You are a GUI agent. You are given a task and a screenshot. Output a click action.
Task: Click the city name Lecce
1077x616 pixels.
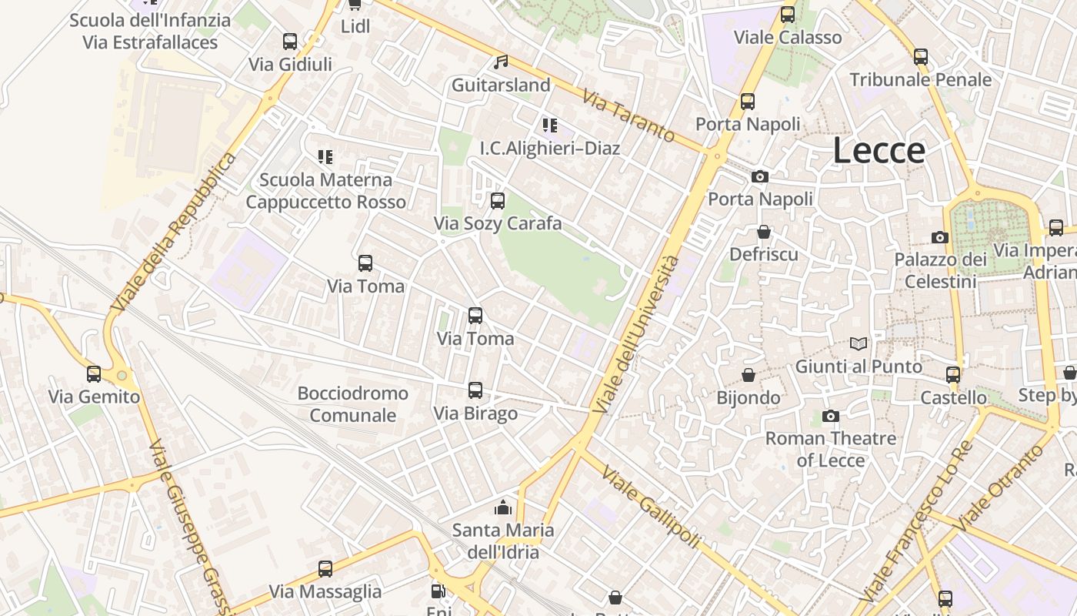879,151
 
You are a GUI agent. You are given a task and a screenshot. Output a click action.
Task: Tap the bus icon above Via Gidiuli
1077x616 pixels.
290,42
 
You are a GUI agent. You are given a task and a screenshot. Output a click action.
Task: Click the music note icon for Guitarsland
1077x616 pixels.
501,62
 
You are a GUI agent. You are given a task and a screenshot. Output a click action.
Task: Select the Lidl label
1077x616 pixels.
355,26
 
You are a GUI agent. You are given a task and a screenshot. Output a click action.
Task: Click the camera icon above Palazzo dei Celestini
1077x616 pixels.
939,237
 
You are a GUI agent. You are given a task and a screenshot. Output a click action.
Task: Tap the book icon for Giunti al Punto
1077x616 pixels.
859,344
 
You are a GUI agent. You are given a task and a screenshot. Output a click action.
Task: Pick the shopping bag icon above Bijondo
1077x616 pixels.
748,375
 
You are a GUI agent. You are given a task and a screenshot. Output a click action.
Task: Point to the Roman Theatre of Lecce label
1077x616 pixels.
831,449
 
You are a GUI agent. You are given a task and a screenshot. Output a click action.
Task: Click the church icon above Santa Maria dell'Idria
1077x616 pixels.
503,507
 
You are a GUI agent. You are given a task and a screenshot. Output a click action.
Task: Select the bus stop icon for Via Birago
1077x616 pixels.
475,390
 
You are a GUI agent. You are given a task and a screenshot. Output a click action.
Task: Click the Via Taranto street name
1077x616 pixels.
629,116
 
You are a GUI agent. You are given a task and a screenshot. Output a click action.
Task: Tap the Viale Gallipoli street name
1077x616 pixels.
651,507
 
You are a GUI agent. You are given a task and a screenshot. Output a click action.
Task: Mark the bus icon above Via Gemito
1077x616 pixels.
94,374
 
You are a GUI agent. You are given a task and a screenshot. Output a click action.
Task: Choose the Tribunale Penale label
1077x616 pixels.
921,79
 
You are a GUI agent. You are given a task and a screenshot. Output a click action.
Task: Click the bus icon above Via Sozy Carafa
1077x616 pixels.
498,201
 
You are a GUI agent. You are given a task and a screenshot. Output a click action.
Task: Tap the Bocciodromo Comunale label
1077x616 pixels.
353,404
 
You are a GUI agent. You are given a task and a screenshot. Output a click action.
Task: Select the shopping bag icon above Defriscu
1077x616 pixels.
764,232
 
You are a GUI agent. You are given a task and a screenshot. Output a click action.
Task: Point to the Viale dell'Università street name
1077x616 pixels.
637,333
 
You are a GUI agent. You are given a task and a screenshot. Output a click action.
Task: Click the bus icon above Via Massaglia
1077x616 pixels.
325,569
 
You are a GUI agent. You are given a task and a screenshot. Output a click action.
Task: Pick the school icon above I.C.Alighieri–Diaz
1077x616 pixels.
549,126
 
